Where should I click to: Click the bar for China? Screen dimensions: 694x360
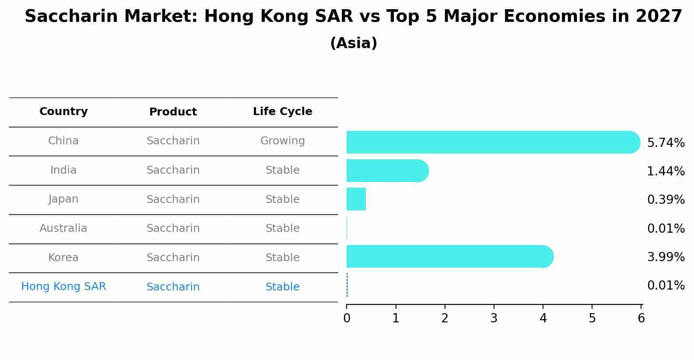(493, 142)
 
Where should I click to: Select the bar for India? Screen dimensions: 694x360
(388, 171)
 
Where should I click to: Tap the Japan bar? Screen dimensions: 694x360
(356, 199)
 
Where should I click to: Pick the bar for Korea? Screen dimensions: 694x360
(450, 256)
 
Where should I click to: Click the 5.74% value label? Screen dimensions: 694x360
(666, 143)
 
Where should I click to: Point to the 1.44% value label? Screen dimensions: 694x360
(666, 171)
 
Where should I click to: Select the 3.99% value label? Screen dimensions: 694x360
(666, 257)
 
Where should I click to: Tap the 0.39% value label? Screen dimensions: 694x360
(666, 199)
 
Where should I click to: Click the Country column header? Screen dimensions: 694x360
(63, 111)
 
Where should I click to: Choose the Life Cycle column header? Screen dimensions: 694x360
(283, 111)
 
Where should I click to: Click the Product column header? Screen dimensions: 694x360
(173, 112)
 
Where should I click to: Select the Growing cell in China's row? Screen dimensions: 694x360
(283, 141)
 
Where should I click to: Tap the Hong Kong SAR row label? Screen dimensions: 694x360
(63, 286)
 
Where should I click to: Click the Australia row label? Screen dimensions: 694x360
(63, 228)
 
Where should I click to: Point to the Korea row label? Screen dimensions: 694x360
(63, 257)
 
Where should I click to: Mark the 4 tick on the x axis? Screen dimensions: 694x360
(543, 307)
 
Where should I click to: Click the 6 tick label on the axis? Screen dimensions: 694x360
(641, 318)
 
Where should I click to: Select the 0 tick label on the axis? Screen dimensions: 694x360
(347, 318)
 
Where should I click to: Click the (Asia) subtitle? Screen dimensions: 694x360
(354, 43)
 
